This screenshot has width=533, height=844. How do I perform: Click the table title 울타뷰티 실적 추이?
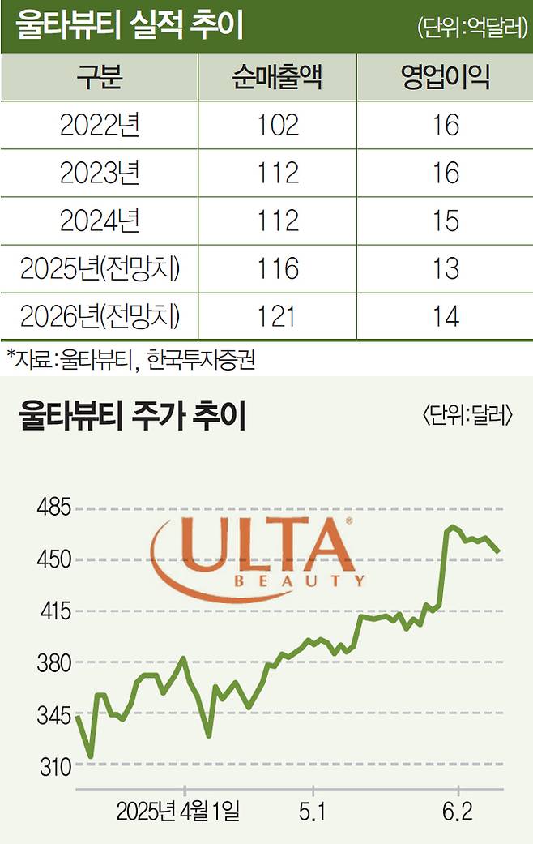point(130,28)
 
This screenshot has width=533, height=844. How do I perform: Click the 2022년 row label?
point(100,125)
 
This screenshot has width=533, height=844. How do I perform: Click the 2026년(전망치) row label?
point(100,316)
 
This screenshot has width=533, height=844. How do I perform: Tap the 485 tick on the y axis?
point(55,509)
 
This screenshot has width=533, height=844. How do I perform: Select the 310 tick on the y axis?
point(55,766)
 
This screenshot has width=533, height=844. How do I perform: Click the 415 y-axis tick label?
point(55,612)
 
